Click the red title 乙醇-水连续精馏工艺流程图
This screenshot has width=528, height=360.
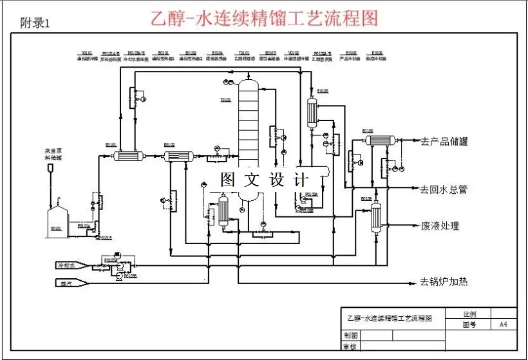(x=264, y=17)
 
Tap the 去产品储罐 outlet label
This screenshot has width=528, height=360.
(x=444, y=142)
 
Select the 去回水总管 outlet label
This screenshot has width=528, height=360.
(x=444, y=189)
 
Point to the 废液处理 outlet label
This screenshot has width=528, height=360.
(x=440, y=226)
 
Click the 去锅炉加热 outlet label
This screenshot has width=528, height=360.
(x=444, y=281)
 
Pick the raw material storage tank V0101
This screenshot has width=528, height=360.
(x=56, y=219)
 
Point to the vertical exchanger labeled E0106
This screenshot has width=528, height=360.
(x=376, y=216)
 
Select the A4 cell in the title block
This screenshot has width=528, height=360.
(x=504, y=325)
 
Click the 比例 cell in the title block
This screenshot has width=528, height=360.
(x=469, y=315)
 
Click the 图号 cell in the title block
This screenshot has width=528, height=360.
(x=469, y=325)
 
